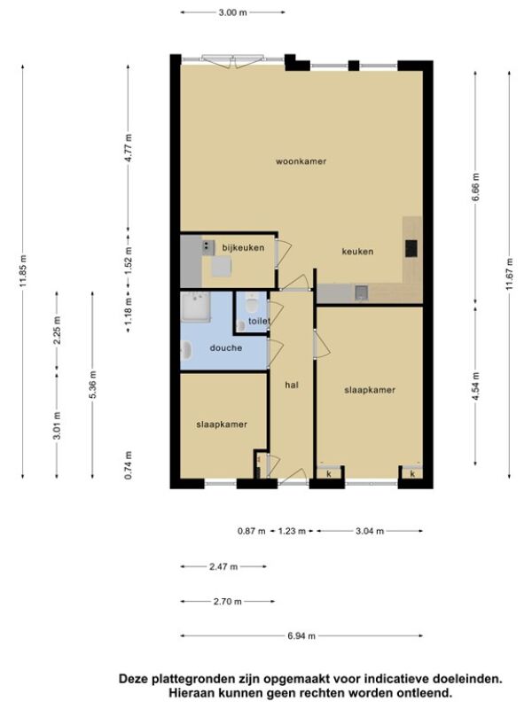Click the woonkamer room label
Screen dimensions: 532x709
[301, 161]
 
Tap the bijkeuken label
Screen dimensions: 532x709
[243, 248]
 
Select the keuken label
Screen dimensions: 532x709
[357, 252]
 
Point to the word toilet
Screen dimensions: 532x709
[259, 321]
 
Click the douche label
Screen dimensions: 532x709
[226, 347]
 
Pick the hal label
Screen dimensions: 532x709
[292, 386]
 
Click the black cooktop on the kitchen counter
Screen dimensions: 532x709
[411, 248]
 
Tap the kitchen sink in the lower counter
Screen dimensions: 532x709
[361, 293]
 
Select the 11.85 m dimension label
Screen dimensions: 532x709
[23, 271]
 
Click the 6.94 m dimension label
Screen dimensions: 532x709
[301, 635]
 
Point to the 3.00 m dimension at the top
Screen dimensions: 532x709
[232, 12]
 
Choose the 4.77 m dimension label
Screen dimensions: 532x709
[129, 148]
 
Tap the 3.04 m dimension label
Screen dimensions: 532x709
[370, 531]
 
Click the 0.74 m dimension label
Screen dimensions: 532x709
[129, 465]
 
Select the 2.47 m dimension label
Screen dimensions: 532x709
[223, 566]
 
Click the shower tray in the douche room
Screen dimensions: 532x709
[195, 306]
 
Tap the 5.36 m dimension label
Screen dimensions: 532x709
[93, 385]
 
